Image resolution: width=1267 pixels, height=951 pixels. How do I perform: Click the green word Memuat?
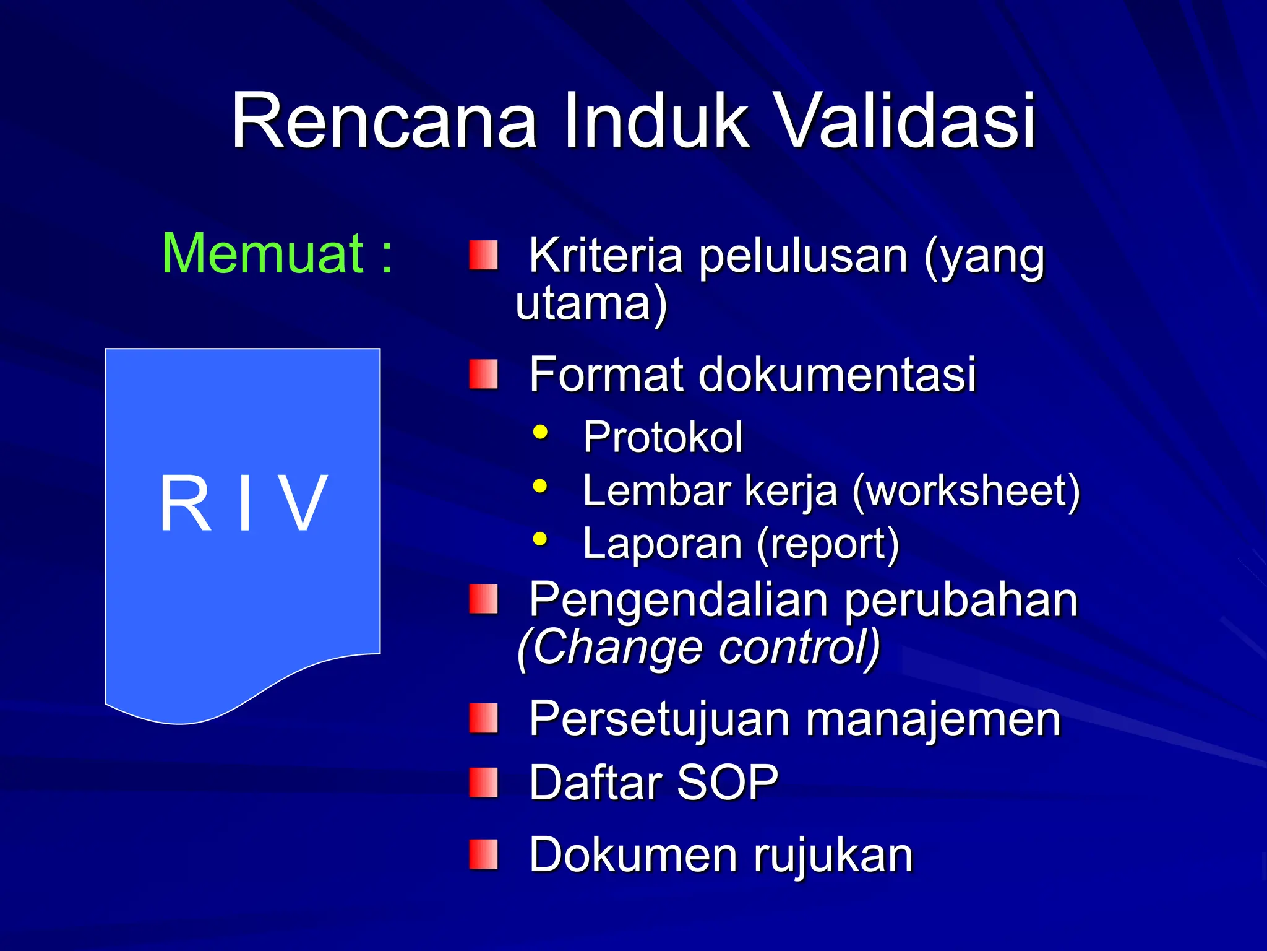(263, 254)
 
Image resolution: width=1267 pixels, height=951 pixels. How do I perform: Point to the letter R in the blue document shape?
(185, 503)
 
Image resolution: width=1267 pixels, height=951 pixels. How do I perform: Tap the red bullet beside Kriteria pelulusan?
(483, 256)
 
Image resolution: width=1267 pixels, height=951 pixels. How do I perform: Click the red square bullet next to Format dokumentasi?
(483, 375)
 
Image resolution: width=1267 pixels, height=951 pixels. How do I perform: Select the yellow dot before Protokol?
(540, 432)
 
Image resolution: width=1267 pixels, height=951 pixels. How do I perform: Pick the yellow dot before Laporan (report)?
(540, 539)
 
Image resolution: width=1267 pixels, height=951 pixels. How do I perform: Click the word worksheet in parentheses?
(965, 491)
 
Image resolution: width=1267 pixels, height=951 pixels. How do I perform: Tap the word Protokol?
(663, 437)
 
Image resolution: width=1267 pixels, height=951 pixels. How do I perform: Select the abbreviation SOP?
(727, 783)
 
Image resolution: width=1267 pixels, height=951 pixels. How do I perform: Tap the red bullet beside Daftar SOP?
(483, 783)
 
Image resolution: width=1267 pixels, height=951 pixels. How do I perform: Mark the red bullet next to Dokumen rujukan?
(483, 854)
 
